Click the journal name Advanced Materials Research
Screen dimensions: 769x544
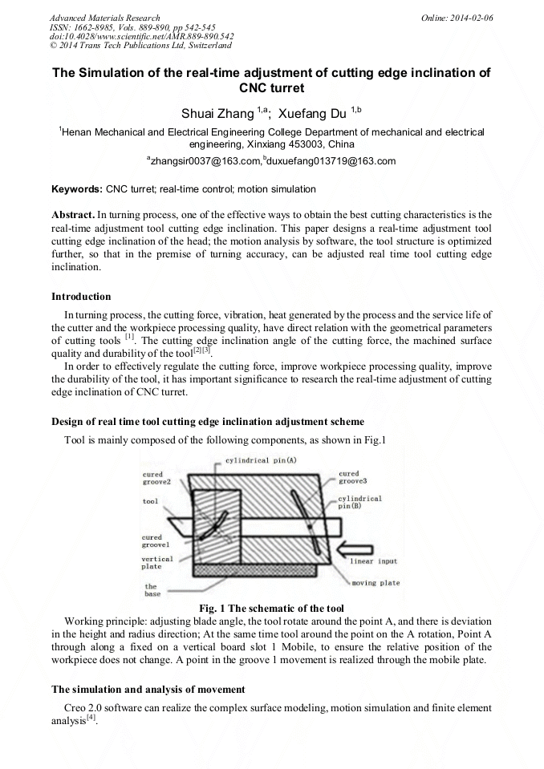click(x=104, y=18)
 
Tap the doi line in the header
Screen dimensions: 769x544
click(x=142, y=37)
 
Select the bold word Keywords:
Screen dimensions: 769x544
click(x=77, y=189)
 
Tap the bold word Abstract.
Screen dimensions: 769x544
click(x=73, y=215)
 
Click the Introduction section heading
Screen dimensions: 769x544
click(x=81, y=297)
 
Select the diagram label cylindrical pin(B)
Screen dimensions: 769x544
click(x=359, y=502)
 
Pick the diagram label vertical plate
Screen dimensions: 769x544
click(x=157, y=562)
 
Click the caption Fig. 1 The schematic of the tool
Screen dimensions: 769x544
click(x=271, y=608)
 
